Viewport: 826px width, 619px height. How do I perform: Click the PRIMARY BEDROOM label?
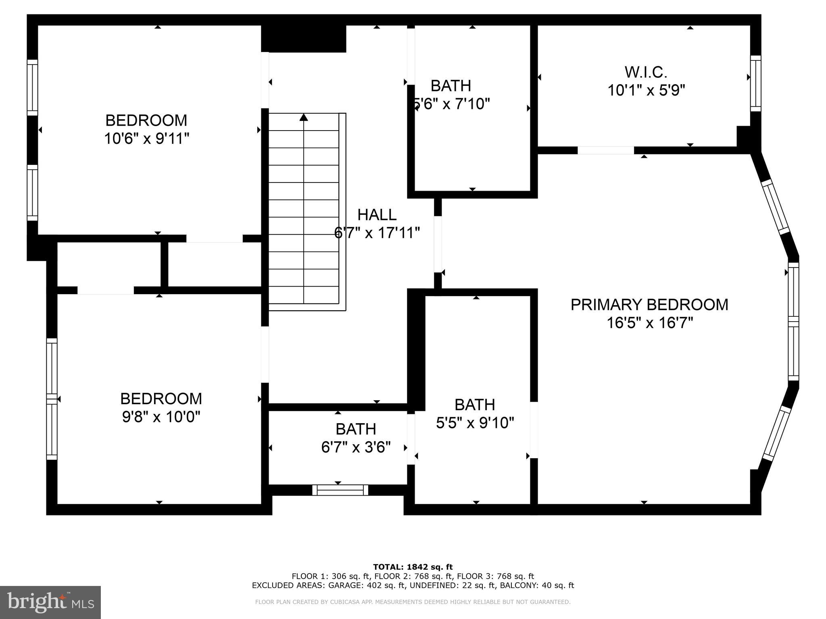(x=649, y=305)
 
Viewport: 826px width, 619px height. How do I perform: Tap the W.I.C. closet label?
(x=646, y=73)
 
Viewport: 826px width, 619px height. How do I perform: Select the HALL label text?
(x=377, y=215)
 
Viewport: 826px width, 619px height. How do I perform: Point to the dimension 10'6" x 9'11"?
(x=146, y=139)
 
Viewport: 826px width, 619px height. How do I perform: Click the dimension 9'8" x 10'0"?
(x=161, y=417)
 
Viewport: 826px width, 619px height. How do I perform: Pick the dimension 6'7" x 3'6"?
(x=356, y=447)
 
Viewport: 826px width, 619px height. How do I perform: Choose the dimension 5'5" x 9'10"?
(x=475, y=423)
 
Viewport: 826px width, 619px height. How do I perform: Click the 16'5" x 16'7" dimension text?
(x=650, y=323)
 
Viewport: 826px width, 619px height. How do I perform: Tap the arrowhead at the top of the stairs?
(x=304, y=117)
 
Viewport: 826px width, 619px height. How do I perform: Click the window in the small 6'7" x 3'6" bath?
(x=340, y=490)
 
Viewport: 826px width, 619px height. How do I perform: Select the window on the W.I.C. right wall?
(x=755, y=83)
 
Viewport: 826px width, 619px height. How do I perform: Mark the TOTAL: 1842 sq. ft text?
(x=413, y=567)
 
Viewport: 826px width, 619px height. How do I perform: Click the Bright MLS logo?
(x=50, y=602)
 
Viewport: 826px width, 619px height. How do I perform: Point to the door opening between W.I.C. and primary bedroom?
(x=605, y=150)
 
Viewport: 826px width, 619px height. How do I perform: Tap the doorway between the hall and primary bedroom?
(x=438, y=244)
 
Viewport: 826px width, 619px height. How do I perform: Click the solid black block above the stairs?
(x=304, y=39)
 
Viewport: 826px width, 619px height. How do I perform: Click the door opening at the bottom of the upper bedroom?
(x=214, y=239)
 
